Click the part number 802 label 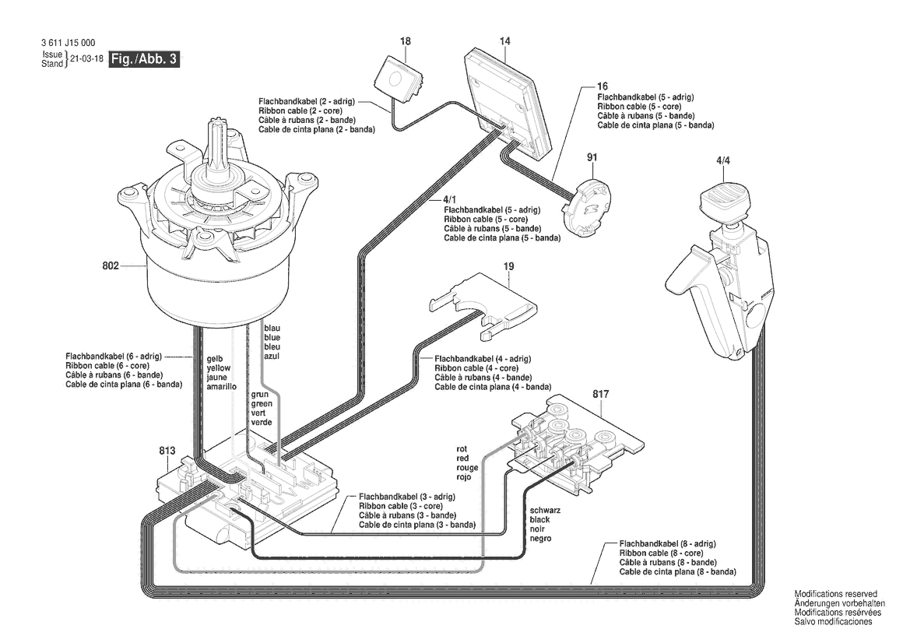110,266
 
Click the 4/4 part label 722,160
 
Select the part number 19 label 508,266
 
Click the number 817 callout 600,394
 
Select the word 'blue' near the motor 272,337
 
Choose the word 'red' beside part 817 463,459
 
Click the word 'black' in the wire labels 540,519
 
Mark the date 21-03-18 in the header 87,59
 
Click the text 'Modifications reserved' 835,594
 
